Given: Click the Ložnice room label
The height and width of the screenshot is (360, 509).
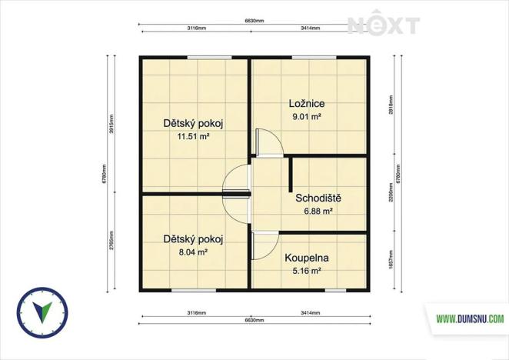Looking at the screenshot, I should pos(307,104).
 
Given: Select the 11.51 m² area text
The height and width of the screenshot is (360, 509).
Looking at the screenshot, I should pos(194,136).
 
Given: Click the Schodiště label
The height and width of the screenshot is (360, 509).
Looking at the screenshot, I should pos(318,198).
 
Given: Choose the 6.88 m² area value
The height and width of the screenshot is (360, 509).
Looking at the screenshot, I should pos(318,211).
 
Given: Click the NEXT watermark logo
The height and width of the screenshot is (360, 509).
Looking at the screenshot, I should pos(383,25).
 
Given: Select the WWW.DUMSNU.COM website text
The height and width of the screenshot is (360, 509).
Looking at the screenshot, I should pos(470,318).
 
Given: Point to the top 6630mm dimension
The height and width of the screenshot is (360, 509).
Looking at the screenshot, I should pos(254,21).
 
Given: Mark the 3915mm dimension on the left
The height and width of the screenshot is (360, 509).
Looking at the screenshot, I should pos(111,125).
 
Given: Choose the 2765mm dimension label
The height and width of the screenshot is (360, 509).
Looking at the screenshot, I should pos(111,242).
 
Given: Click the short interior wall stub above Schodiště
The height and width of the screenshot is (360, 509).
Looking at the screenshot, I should pos(291,174).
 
